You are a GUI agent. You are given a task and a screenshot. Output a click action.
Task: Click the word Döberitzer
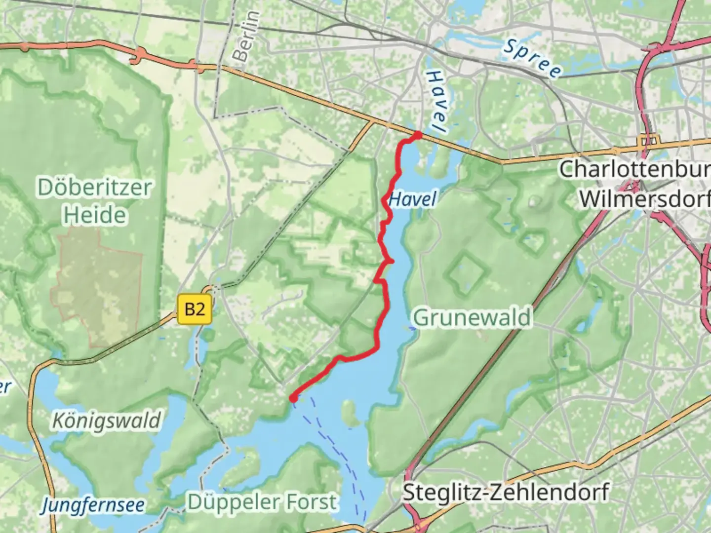(94, 188)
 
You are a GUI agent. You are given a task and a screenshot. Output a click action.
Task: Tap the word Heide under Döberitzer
(94, 215)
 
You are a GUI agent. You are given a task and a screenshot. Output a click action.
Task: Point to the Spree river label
(532, 59)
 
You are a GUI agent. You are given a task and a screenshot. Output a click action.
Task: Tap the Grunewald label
(472, 317)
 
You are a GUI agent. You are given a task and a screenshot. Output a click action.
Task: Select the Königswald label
(106, 420)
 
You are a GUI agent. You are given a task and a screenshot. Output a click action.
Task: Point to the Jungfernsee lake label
(93, 504)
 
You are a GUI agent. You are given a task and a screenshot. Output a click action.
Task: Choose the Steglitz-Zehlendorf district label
(506, 492)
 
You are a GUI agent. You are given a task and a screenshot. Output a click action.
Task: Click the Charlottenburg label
(634, 169)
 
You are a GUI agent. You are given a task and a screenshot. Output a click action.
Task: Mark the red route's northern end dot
(417, 135)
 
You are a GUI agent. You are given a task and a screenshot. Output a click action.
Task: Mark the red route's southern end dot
(293, 398)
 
